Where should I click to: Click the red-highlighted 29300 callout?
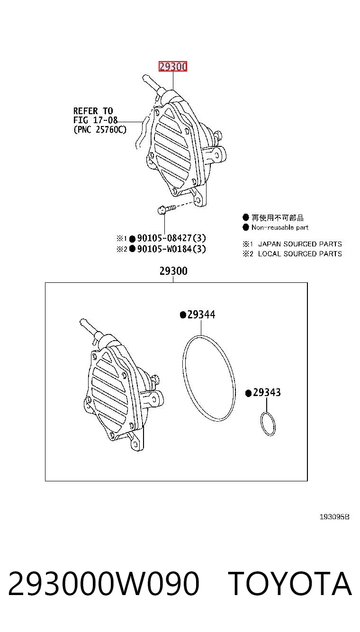coord(173,67)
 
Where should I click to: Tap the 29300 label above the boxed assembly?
coord(173,271)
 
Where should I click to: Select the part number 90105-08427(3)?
coord(171,238)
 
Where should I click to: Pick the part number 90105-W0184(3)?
coord(171,249)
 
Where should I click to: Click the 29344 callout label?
coord(201,314)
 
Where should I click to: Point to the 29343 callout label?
coord(267,392)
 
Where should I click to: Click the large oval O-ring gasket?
coord(209,378)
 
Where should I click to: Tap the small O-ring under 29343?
coord(268,424)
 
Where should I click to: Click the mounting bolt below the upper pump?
coord(166,209)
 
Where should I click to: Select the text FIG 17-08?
coord(95,120)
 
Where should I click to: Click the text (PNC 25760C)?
coord(100,129)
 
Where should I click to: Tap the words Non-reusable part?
coord(280,227)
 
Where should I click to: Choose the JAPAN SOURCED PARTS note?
coord(300,244)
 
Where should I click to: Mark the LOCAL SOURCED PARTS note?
coord(300,254)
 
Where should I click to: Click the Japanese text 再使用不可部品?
coord(278,218)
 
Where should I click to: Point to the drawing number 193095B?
coord(334,516)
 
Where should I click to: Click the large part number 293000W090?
coord(104,584)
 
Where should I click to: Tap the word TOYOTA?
coord(290,584)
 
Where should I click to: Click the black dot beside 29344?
coord(183,315)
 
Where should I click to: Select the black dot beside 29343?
coord(248,393)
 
